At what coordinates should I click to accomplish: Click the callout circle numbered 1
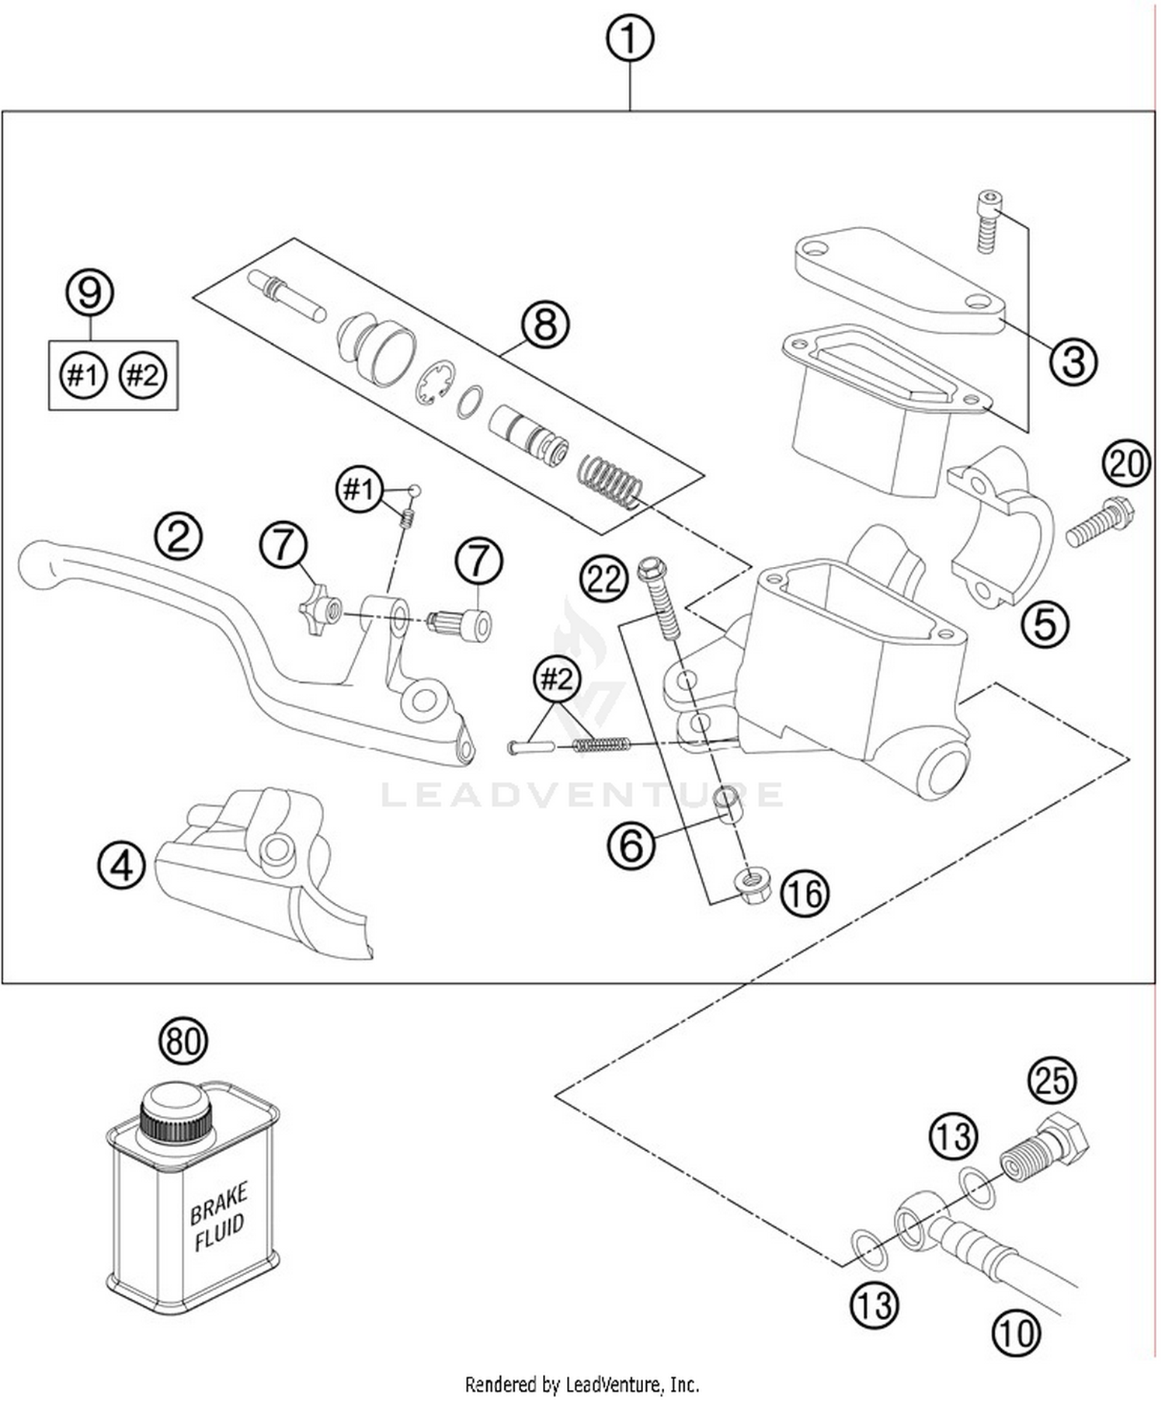(629, 39)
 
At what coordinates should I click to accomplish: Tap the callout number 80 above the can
(183, 1041)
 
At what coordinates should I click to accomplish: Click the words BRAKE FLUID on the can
(219, 1216)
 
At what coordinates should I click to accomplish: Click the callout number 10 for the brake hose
(1015, 1333)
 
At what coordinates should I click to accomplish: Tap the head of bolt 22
(650, 571)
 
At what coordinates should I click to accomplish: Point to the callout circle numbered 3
(1073, 361)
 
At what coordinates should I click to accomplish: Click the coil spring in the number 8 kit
(610, 481)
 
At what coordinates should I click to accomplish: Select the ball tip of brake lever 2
(36, 561)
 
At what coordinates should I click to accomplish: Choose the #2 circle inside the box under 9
(143, 376)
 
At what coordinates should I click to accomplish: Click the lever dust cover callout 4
(122, 865)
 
